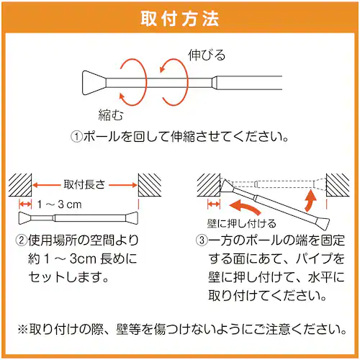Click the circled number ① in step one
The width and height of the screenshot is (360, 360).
click(77, 136)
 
